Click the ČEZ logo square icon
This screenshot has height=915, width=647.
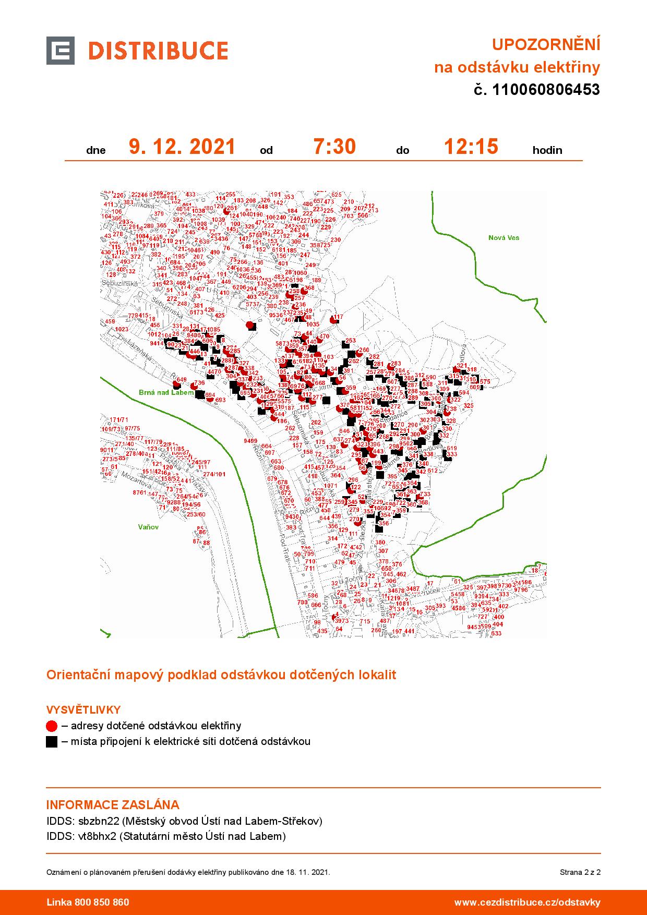click(60, 51)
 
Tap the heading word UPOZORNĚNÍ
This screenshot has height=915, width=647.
click(546, 45)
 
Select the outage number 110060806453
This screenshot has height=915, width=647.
click(546, 90)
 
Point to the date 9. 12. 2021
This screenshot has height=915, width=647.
click(182, 147)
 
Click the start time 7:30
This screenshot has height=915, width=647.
click(334, 147)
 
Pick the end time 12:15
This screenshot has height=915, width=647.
click(471, 147)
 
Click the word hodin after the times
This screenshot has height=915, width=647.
click(547, 151)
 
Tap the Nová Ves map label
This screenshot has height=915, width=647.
click(504, 238)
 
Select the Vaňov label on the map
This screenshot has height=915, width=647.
click(149, 527)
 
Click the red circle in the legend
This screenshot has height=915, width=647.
click(51, 726)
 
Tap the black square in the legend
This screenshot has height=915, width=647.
click(51, 741)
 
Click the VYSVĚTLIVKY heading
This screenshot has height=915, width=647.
click(83, 710)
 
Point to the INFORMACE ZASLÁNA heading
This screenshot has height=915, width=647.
click(113, 804)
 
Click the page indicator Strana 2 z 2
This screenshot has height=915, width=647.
click(580, 872)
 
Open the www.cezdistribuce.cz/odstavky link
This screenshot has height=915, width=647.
click(527, 902)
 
